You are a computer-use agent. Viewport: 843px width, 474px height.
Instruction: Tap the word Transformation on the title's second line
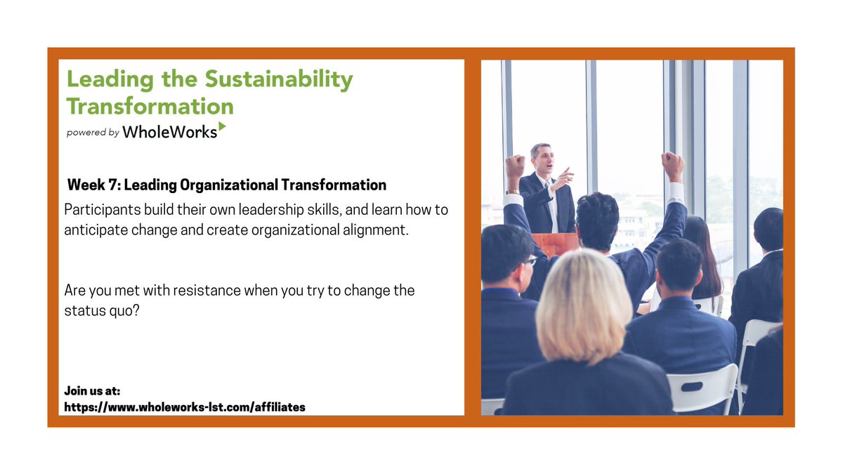tap(150, 106)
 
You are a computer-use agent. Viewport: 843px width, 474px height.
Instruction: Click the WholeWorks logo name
tap(169, 131)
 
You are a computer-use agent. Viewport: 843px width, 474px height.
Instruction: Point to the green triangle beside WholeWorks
tap(222, 126)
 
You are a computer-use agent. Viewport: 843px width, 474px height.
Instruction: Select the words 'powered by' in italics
tap(93, 132)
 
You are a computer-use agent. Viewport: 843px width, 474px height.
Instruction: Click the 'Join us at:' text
tap(92, 391)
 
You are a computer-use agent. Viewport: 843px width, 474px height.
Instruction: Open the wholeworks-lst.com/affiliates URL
tap(185, 407)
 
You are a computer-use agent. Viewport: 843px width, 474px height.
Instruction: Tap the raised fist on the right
tap(672, 165)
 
